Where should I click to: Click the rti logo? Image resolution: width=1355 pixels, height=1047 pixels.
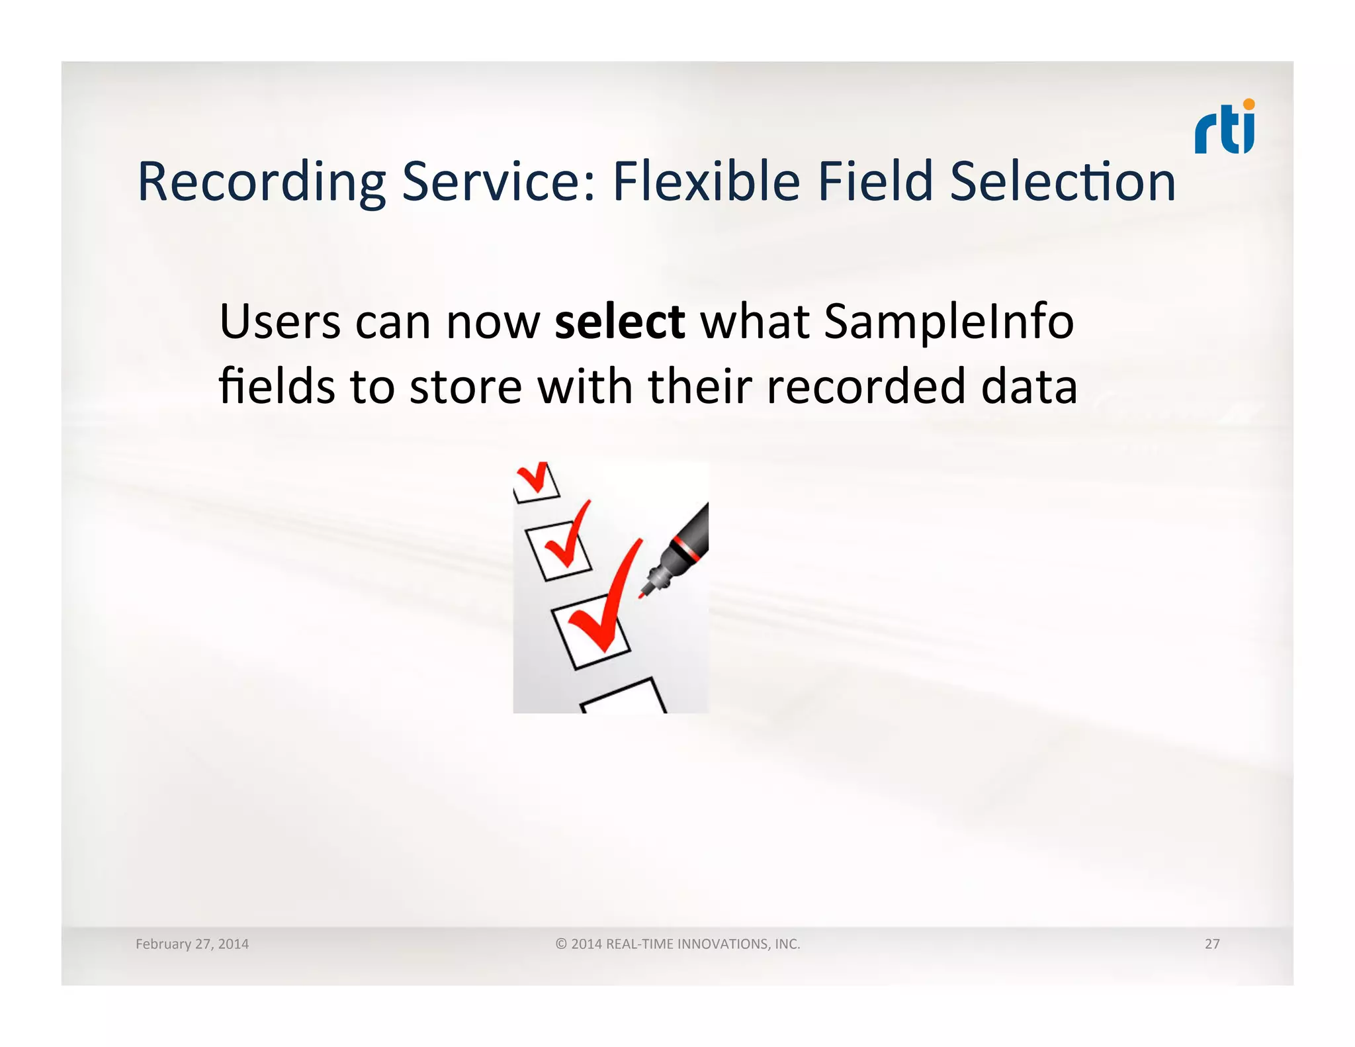point(1224,129)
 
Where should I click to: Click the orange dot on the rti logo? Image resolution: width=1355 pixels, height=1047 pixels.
point(1248,105)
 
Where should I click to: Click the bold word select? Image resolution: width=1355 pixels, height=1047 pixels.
point(619,322)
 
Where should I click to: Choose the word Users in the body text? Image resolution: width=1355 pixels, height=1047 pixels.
point(279,322)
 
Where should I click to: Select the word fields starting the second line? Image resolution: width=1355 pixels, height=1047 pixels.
point(277,387)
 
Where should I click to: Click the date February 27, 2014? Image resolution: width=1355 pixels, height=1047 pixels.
point(192,944)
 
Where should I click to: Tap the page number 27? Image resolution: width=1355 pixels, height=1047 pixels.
point(1211,944)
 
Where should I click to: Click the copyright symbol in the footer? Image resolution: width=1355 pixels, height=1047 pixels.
point(561,944)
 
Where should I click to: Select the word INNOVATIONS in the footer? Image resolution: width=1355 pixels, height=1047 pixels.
point(724,944)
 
